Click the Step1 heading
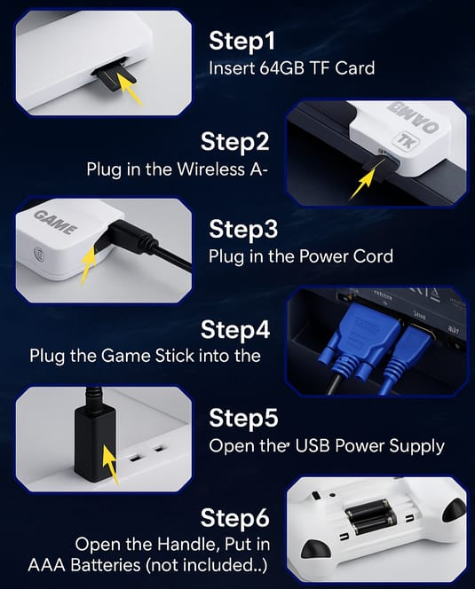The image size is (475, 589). (241, 41)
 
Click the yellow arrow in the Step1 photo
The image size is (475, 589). (131, 89)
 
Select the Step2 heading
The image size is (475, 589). (234, 142)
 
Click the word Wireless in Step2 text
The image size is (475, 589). (210, 169)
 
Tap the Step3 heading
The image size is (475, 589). (243, 229)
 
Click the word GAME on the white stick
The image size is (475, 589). (56, 223)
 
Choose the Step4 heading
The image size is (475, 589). (235, 329)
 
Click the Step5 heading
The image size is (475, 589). (243, 418)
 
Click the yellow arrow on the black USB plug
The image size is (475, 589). (110, 464)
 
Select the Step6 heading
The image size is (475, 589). (234, 518)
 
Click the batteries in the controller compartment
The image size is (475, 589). (370, 516)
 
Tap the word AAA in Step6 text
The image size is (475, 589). (47, 565)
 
